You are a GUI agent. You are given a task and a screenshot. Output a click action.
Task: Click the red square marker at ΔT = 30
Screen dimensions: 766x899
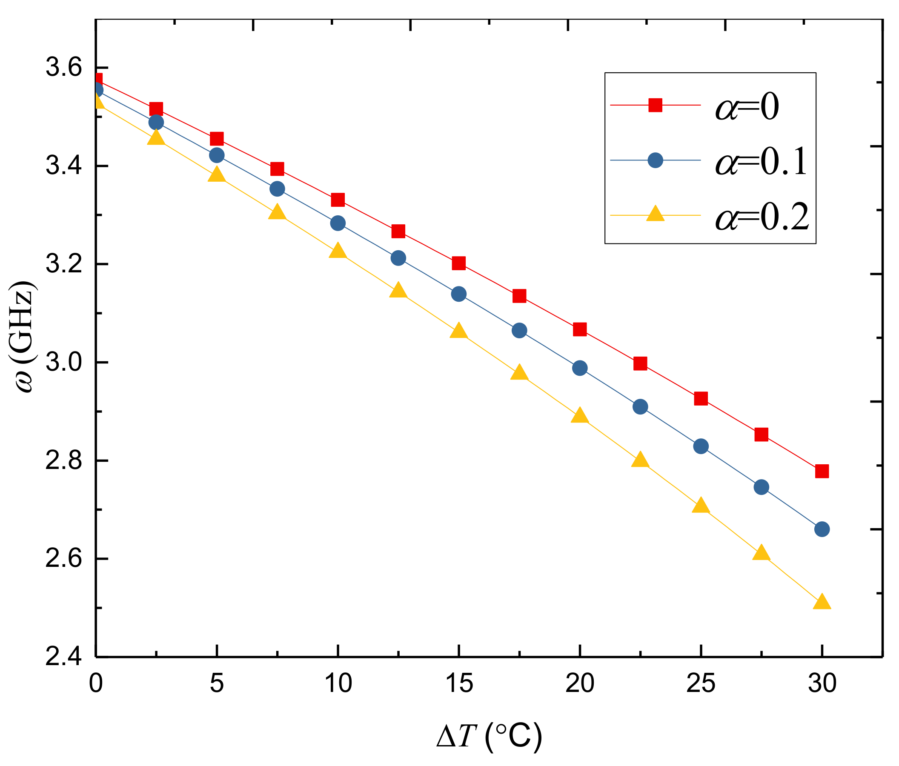(822, 471)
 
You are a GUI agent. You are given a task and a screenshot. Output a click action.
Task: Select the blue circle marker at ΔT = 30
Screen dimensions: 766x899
(822, 529)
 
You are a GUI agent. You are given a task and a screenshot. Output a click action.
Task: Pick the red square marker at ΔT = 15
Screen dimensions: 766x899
(458, 263)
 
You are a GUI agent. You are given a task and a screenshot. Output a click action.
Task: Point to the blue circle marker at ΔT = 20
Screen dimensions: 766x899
(580, 368)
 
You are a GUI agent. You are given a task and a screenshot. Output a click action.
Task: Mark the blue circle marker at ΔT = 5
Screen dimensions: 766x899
(217, 155)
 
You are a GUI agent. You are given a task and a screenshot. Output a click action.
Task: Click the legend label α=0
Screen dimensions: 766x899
(747, 106)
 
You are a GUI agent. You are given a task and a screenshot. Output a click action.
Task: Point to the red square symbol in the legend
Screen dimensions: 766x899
(655, 105)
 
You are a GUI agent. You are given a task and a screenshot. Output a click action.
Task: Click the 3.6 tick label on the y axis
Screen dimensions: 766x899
(64, 68)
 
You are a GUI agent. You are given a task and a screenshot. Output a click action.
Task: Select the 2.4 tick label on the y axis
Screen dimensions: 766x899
(64, 657)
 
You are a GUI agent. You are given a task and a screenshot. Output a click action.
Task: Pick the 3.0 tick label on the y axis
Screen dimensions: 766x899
(64, 363)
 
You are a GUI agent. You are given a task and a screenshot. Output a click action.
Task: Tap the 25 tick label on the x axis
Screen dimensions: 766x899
(700, 684)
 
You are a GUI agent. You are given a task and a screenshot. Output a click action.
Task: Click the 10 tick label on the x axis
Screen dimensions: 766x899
(338, 684)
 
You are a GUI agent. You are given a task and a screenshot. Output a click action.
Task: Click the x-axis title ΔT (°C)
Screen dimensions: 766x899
(489, 736)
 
